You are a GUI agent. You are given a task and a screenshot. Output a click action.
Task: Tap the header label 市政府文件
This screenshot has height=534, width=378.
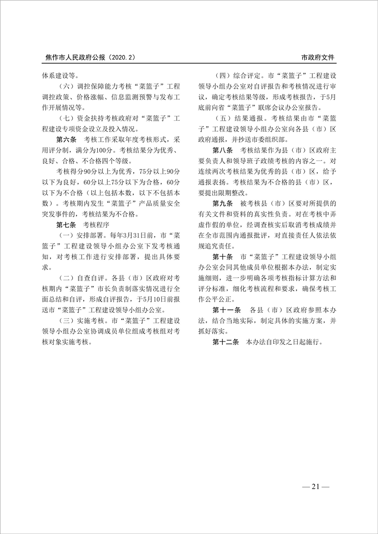(x=318, y=57)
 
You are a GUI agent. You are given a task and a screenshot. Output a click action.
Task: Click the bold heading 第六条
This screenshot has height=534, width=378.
(x=66, y=139)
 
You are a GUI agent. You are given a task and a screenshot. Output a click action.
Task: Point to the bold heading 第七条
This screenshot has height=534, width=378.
(x=66, y=224)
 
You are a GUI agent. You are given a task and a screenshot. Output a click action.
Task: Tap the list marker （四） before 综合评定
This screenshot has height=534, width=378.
(x=224, y=75)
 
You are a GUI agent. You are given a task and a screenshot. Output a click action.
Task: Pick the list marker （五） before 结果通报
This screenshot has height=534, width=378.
(x=224, y=117)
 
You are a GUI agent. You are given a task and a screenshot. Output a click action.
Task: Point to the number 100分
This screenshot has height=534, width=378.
(x=101, y=149)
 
